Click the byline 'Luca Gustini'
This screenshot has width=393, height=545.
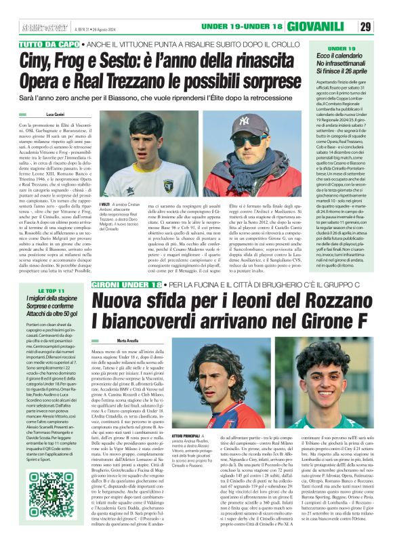coord(55,115)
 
